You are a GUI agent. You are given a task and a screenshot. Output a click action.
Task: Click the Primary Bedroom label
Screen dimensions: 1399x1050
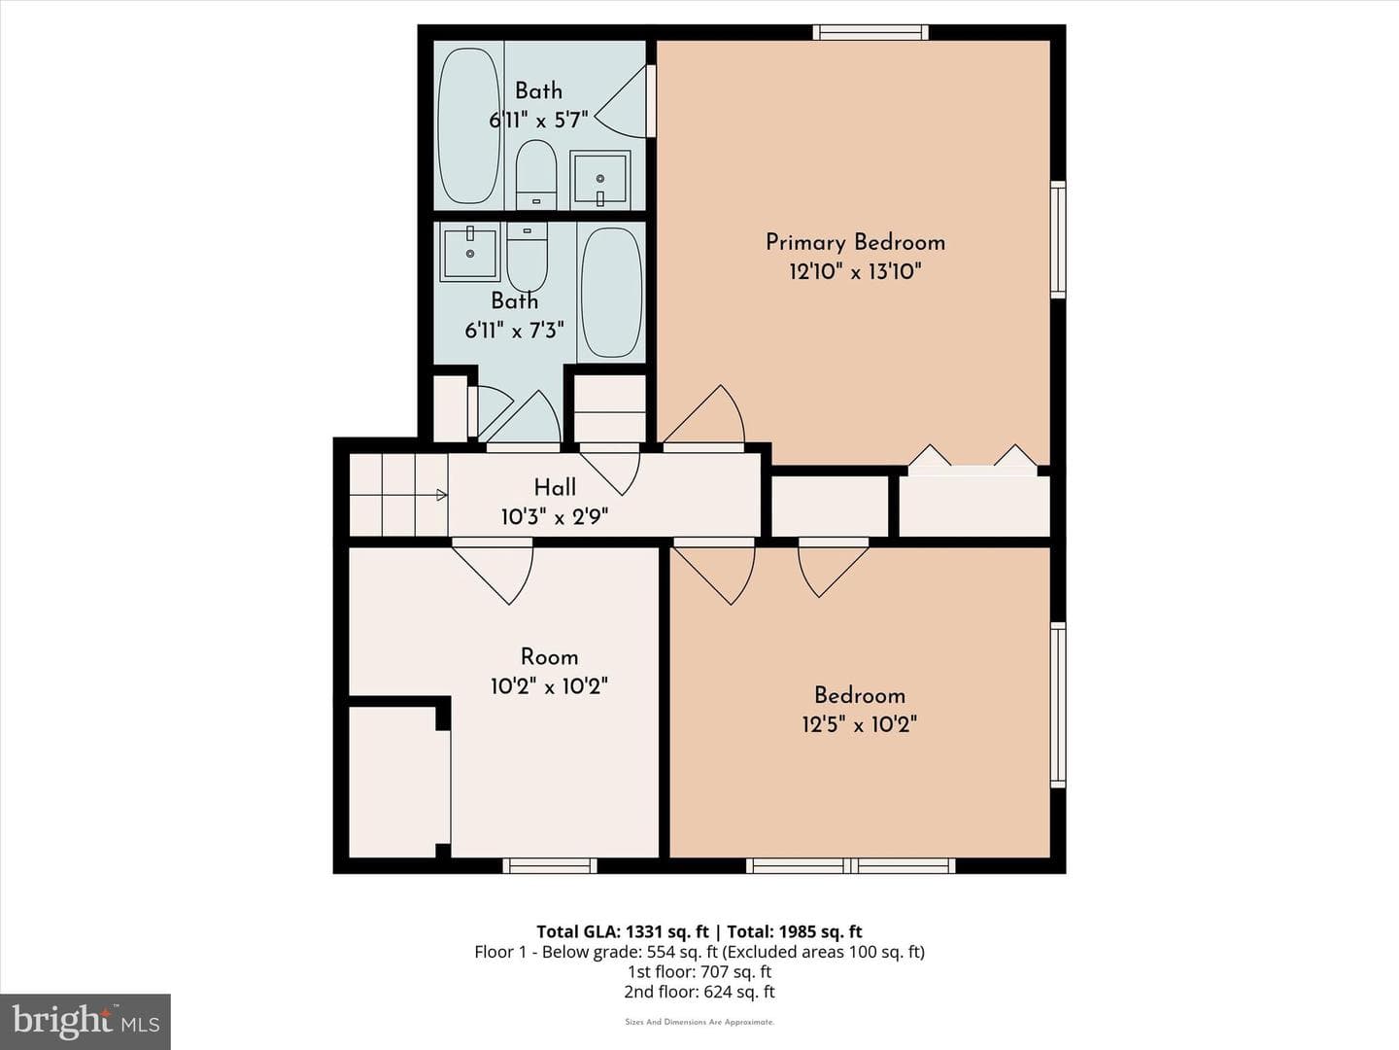(855, 243)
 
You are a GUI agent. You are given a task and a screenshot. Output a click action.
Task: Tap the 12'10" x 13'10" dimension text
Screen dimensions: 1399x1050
(855, 272)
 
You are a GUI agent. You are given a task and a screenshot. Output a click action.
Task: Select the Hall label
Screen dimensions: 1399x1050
(555, 488)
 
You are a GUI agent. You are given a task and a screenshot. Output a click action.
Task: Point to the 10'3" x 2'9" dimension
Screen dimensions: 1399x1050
(555, 517)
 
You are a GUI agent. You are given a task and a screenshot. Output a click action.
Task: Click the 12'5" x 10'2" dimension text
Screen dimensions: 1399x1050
(860, 725)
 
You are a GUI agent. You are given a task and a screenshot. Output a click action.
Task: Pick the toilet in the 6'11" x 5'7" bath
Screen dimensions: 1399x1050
(536, 174)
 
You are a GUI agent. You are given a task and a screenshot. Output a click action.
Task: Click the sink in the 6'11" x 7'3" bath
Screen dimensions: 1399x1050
(469, 253)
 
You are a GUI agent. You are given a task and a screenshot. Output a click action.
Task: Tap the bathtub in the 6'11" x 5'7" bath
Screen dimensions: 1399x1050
(469, 125)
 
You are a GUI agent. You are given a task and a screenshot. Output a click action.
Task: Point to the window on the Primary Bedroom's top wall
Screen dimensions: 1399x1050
(870, 32)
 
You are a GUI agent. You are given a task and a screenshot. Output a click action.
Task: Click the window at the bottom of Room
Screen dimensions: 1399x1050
(550, 865)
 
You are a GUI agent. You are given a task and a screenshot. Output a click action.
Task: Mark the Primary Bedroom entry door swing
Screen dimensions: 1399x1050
(703, 415)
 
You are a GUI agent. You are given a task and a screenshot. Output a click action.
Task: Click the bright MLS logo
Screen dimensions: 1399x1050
(85, 1021)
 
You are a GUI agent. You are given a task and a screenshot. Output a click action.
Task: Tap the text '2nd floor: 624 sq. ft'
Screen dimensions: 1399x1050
(699, 992)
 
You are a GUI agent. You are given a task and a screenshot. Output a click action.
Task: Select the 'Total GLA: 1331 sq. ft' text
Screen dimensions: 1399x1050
(623, 931)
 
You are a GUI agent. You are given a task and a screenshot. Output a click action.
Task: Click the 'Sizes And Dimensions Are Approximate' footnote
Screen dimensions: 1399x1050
(699, 1022)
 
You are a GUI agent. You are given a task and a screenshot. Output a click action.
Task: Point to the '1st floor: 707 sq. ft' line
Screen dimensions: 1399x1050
(699, 971)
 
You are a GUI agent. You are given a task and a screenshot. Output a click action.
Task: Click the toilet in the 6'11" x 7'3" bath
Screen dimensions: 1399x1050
(528, 257)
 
